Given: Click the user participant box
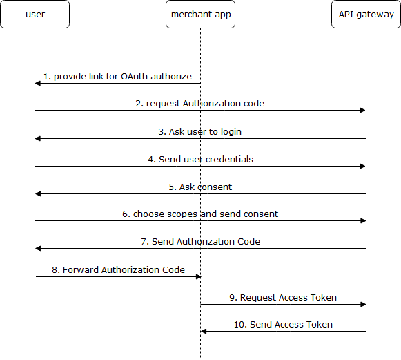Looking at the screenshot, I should click(x=35, y=14).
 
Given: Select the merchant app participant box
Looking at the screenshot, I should click(x=200, y=14).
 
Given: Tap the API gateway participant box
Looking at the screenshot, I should click(x=366, y=14).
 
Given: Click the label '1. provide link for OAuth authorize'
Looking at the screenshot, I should click(x=117, y=76).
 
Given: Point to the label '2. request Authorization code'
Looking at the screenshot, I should click(x=200, y=104).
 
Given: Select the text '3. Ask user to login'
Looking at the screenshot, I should click(x=200, y=131).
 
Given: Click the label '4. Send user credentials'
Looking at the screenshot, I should click(x=200, y=159).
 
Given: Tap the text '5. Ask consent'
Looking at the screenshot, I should click(x=200, y=187).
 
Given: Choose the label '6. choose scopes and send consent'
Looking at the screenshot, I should click(x=200, y=214).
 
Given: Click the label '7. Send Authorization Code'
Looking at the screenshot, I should click(x=200, y=242).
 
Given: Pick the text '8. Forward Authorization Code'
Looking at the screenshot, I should click(x=118, y=269).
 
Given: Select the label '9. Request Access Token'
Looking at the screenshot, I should click(x=283, y=297).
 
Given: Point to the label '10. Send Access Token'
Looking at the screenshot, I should click(x=283, y=324).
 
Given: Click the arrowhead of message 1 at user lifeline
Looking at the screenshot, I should click(x=38, y=83).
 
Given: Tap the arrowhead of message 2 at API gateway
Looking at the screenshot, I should click(x=362, y=111).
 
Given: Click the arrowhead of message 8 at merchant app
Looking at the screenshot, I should click(x=197, y=276).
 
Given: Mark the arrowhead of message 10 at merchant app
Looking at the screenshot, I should click(x=204, y=332).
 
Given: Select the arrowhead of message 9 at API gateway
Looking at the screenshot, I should click(x=362, y=304).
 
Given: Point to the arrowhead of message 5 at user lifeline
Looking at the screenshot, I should click(x=38, y=193).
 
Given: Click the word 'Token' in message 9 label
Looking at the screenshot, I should click(x=323, y=297).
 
